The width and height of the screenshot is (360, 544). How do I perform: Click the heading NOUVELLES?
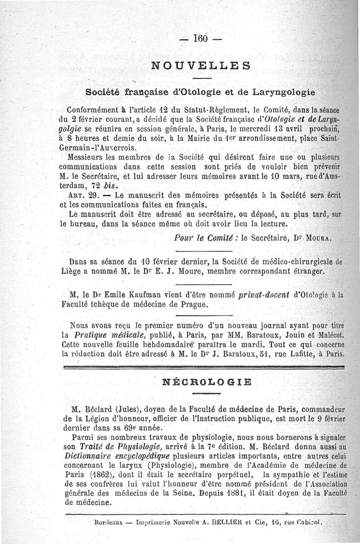tap(201, 65)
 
